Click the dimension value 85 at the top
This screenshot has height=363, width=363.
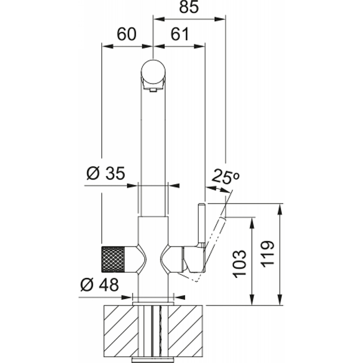click(189, 7)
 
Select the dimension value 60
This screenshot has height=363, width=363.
click(127, 34)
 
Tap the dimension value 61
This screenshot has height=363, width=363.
click(180, 34)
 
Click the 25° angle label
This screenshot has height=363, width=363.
click(225, 177)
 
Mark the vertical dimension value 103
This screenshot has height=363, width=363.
click(240, 264)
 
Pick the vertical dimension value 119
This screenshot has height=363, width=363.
click(268, 254)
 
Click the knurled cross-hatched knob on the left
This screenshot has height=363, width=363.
click(113, 259)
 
